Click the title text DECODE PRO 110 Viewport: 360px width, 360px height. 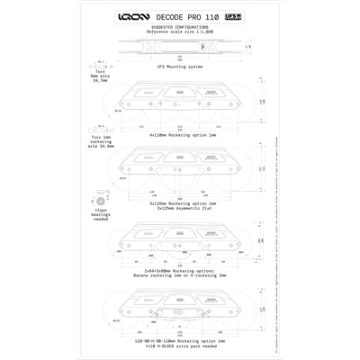point(187,16)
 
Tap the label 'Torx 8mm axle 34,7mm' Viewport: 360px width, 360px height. point(100,76)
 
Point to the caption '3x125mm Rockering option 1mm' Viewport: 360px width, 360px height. point(178,205)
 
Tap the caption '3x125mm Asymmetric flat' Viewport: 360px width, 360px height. point(178,210)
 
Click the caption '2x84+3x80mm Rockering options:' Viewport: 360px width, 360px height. point(178,270)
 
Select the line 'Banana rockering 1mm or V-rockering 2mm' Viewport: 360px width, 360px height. point(178,274)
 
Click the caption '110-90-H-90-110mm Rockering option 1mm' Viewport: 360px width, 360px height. point(178,339)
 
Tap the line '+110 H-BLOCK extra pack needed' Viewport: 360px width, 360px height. point(178,345)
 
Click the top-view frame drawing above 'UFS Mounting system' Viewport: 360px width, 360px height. point(178,48)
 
